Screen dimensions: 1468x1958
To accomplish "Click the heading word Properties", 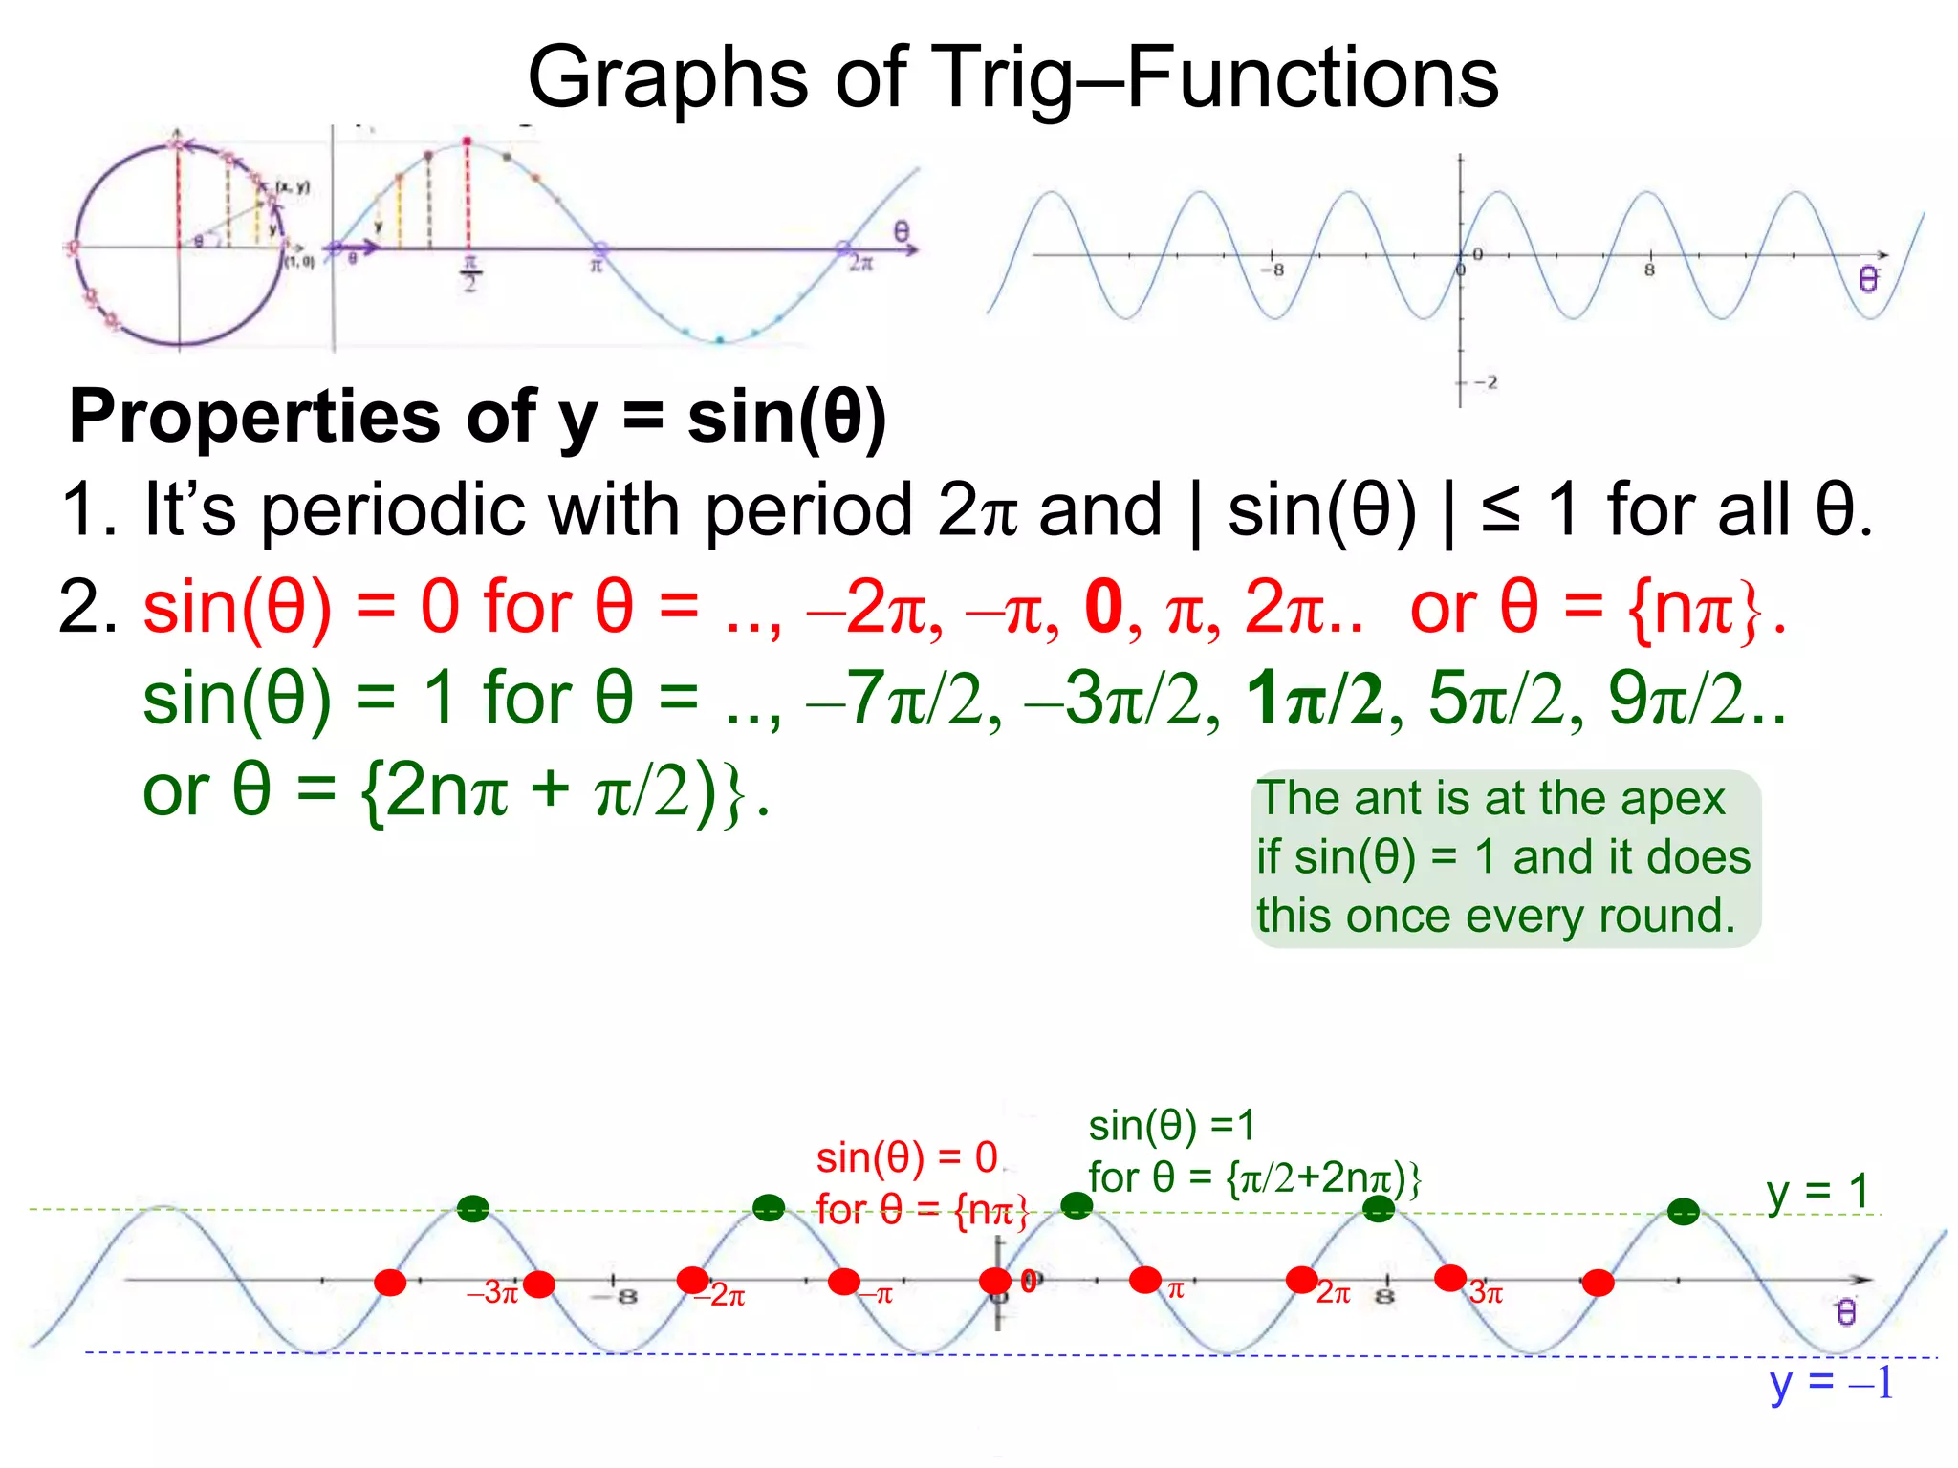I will click(x=254, y=418).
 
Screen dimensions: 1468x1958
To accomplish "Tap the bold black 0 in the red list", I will click(x=1103, y=608).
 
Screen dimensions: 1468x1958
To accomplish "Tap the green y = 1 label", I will click(x=1817, y=1192).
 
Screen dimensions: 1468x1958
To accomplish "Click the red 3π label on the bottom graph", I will click(x=1487, y=1293).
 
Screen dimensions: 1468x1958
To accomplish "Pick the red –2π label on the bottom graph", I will click(x=722, y=1295).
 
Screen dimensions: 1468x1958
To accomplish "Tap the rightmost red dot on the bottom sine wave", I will click(x=1598, y=1283).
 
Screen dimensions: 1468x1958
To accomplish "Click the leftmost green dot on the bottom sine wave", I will click(x=472, y=1209).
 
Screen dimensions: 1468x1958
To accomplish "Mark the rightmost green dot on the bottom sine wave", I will click(x=1684, y=1212).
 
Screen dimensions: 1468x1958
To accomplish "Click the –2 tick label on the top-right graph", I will click(x=1486, y=382).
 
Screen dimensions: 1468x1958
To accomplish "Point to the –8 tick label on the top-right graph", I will click(x=1273, y=270).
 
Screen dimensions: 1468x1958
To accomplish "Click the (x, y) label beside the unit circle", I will click(x=293, y=187).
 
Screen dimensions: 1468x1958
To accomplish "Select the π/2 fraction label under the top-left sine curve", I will click(x=469, y=273).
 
